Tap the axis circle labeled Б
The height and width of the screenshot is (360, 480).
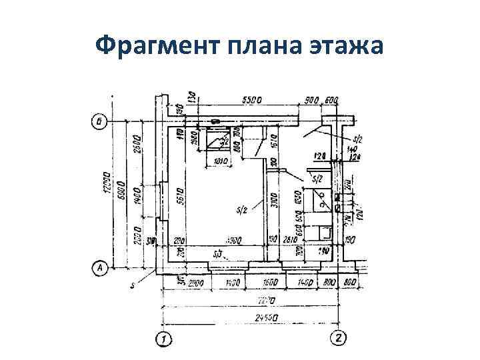99,122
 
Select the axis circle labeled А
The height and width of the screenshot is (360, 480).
99,268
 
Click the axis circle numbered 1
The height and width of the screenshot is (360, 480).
163,339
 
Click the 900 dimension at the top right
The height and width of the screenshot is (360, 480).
311,101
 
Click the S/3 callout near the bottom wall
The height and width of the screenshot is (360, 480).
217,254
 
